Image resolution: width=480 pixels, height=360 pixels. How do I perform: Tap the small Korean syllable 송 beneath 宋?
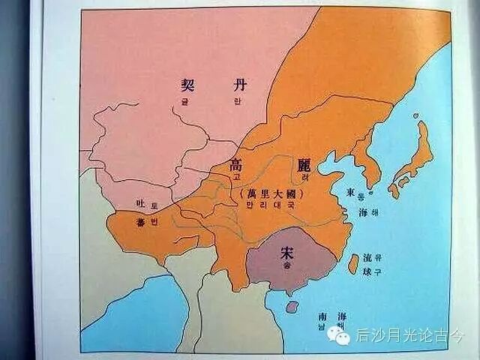285,266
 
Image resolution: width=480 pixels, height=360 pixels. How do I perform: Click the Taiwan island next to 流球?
352,263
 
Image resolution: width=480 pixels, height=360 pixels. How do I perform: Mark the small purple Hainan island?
292,306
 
